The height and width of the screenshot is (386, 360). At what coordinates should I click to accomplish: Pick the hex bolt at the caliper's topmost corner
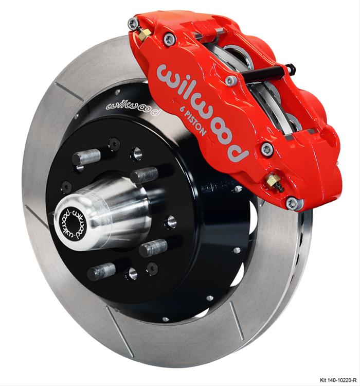click(133, 23)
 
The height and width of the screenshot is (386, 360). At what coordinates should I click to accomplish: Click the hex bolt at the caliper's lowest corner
click(293, 203)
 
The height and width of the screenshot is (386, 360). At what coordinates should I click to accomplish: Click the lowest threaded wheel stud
click(101, 271)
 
